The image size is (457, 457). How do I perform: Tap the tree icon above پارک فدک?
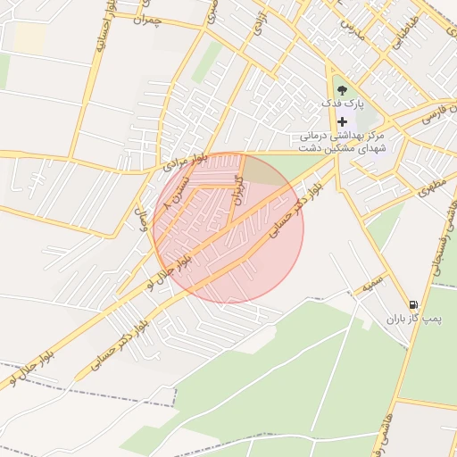(x=342, y=88)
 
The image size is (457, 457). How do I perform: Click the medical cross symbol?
(x=342, y=121)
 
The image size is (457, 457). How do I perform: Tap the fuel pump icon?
(x=412, y=304)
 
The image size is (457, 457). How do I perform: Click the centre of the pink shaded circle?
(x=228, y=228)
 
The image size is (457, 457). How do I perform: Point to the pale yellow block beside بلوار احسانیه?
(x=29, y=37)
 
